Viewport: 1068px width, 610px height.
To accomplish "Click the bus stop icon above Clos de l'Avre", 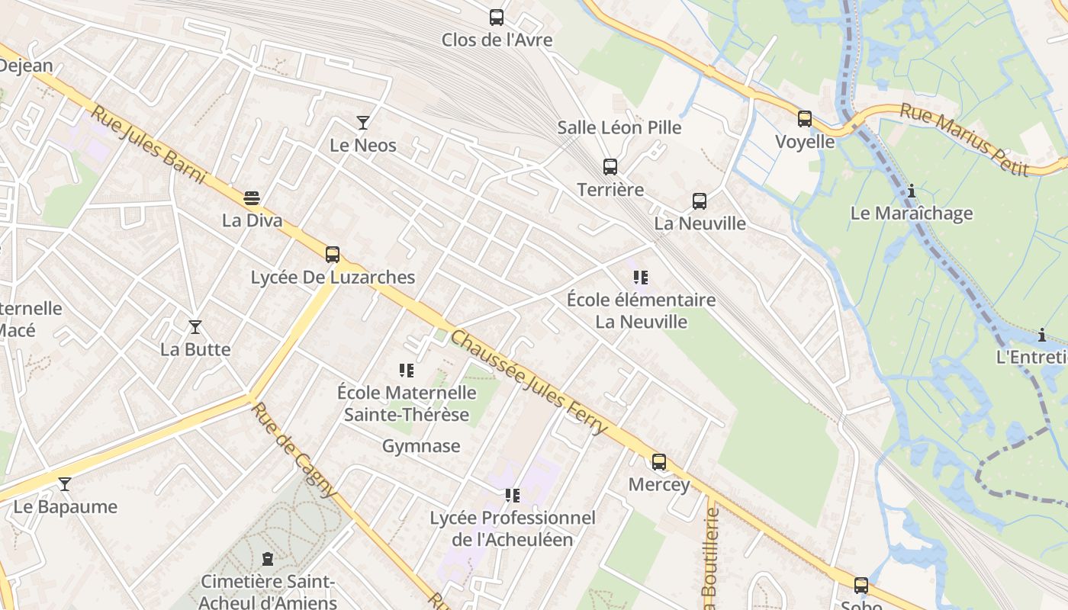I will tap(497, 17).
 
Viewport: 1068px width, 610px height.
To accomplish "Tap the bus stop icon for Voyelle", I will tap(805, 118).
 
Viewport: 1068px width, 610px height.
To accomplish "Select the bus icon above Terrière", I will tap(610, 166).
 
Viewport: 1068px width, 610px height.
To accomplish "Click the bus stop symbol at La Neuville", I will tap(700, 201).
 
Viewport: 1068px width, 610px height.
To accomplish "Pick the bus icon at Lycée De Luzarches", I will tap(333, 255).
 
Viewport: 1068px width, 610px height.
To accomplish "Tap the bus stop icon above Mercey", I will tap(659, 461).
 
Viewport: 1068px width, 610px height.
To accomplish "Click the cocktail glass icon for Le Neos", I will tap(363, 122).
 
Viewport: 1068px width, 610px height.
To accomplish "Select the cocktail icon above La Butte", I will tap(195, 327).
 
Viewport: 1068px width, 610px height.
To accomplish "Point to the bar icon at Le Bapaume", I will tap(65, 484).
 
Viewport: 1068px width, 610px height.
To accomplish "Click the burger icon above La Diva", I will tap(252, 198).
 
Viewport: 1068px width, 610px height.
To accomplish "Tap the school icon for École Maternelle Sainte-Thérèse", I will tap(407, 371).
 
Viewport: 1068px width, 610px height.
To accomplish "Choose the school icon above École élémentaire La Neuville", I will tap(641, 278).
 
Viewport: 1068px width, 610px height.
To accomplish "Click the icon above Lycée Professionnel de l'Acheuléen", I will tap(513, 496).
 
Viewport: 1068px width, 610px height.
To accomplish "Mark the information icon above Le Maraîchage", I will tap(912, 191).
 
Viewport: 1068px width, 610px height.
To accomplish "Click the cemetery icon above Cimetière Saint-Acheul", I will tap(268, 560).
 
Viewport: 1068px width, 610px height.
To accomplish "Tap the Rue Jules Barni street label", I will tap(149, 145).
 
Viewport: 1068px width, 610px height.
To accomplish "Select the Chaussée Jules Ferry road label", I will tap(529, 383).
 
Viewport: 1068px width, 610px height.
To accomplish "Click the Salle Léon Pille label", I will tap(619, 127).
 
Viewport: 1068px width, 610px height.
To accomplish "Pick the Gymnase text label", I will tap(421, 446).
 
